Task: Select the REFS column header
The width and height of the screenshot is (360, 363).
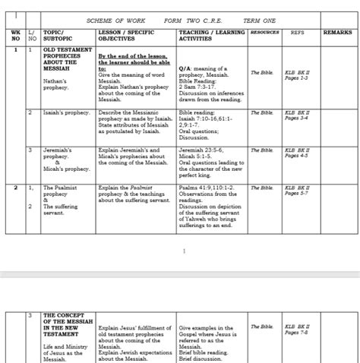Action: click(297, 33)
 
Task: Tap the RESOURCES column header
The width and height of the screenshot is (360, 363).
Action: click(264, 33)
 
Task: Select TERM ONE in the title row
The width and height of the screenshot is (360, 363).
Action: click(261, 21)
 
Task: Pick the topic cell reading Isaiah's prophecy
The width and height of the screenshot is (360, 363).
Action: click(66, 112)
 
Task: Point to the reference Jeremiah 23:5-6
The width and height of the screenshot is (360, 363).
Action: click(201, 150)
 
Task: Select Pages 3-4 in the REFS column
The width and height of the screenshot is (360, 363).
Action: click(296, 118)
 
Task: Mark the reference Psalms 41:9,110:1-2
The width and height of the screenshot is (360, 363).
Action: click(207, 187)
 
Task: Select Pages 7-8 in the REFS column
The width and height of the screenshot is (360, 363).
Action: click(296, 333)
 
